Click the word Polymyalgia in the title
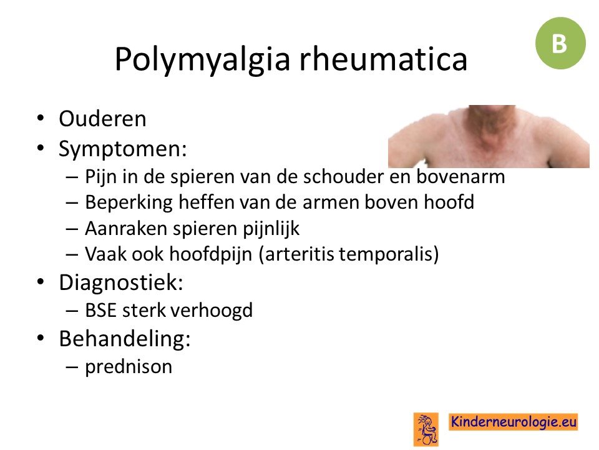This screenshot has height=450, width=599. click(x=202, y=59)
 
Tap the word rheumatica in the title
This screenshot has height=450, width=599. click(x=383, y=59)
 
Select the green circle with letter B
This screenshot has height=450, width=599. click(x=560, y=43)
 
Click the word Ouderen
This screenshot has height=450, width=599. click(x=102, y=119)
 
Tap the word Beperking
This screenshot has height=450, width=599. click(x=129, y=202)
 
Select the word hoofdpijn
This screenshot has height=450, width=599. click(x=210, y=254)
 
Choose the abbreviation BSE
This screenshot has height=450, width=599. click(x=100, y=311)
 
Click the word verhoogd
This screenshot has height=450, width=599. click(x=214, y=311)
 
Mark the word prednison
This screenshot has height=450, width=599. click(x=129, y=367)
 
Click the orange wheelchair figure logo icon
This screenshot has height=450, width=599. click(x=426, y=429)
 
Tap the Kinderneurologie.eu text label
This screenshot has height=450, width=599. click(x=513, y=422)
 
